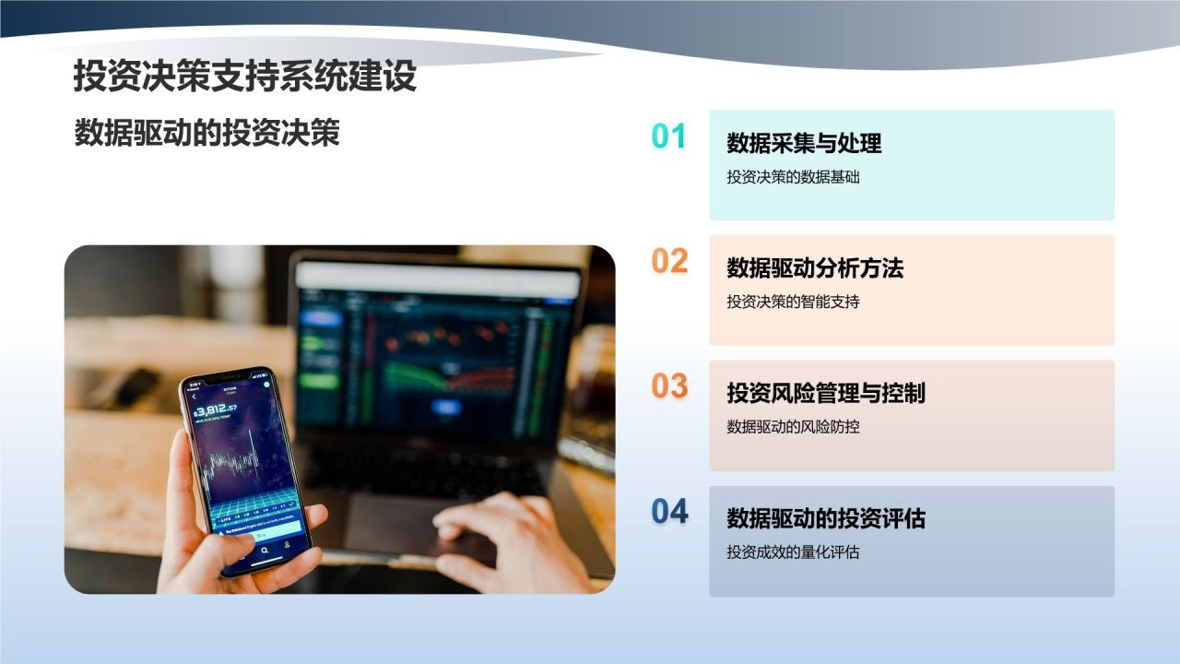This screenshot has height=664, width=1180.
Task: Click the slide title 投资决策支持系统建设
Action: (244, 77)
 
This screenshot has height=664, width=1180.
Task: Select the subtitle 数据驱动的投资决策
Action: (206, 133)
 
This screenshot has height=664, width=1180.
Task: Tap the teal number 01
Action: (669, 136)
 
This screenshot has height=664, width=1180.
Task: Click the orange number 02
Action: (669, 262)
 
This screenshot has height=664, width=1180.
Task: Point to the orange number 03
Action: (669, 386)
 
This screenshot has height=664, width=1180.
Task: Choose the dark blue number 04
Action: (669, 512)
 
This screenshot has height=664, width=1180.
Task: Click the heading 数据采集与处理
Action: (804, 143)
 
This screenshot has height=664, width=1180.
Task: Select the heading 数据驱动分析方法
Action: (815, 268)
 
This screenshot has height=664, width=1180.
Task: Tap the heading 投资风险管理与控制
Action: (826, 394)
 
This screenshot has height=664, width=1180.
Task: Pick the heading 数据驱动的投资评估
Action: (826, 519)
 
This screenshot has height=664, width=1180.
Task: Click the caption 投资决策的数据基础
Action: (793, 177)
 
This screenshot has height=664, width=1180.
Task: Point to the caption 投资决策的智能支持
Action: (793, 302)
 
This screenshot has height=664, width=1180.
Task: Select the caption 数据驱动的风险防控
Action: (793, 427)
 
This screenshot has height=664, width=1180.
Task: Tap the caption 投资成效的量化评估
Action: (793, 552)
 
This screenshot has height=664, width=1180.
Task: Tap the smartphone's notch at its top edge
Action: (226, 377)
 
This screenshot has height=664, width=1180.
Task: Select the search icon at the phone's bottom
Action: (265, 550)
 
